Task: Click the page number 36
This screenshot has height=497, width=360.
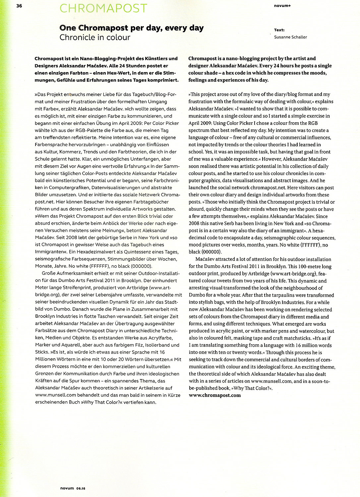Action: (x=19, y=6)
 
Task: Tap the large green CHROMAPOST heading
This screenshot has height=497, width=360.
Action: (x=103, y=8)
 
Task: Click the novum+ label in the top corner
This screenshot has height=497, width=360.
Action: (x=282, y=6)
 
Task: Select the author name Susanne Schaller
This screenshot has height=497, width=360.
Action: (x=290, y=37)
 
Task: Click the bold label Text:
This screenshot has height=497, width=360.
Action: (x=279, y=30)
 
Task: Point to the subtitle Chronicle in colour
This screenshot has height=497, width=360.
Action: (x=95, y=37)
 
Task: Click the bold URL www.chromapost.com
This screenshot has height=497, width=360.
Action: (x=214, y=395)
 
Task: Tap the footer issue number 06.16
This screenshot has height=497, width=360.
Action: (x=81, y=488)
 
